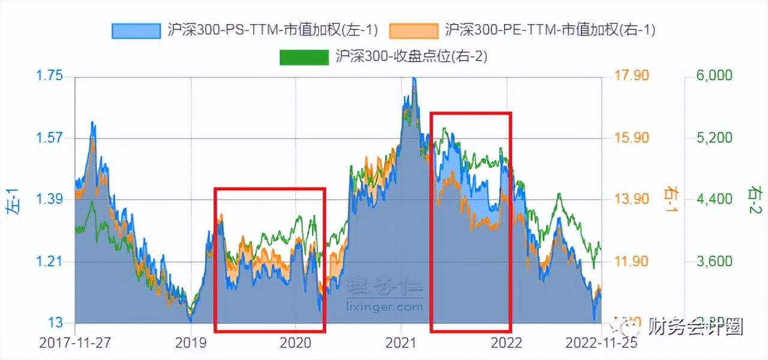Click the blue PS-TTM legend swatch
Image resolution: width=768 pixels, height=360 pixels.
click(x=136, y=30)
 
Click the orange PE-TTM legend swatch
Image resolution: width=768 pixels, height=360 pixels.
click(x=414, y=30)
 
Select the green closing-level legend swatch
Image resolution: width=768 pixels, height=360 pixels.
click(x=304, y=56)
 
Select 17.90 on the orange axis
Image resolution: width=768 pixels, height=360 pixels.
click(x=632, y=76)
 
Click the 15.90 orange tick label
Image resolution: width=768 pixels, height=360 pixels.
click(x=632, y=138)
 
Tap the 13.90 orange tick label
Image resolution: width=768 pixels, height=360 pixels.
click(x=632, y=199)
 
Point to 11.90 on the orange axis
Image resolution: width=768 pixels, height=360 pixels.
click(x=632, y=262)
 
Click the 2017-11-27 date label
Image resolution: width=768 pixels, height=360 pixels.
click(x=76, y=343)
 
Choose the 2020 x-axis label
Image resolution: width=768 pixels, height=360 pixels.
click(x=295, y=343)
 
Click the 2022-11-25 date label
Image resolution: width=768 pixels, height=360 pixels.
click(x=601, y=343)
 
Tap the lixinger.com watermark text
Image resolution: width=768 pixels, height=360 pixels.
click(x=385, y=307)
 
